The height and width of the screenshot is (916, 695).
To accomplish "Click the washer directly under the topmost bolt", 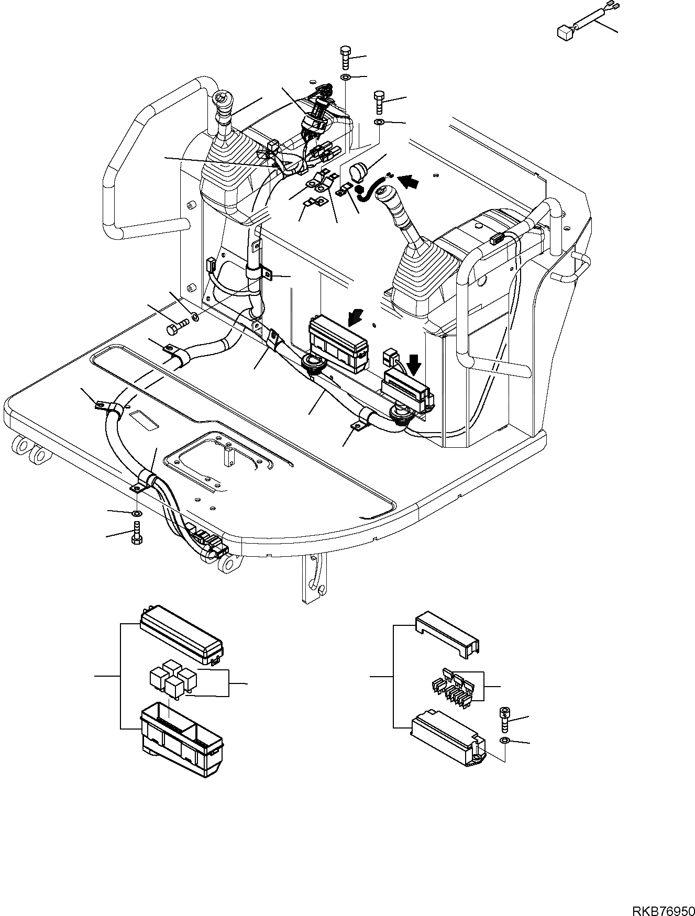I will tap(345, 78).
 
